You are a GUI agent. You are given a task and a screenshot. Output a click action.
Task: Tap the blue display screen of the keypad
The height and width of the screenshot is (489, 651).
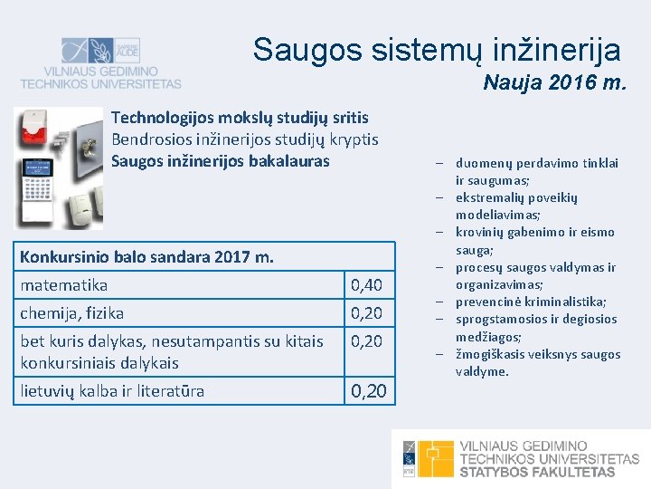point(36,168)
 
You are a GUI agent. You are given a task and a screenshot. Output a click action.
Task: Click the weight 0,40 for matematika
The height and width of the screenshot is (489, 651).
point(366,286)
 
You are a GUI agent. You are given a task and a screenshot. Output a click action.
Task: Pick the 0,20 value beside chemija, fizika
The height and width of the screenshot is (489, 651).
point(366,314)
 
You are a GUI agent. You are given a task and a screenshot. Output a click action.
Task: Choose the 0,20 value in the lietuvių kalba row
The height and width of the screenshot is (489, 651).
point(368,391)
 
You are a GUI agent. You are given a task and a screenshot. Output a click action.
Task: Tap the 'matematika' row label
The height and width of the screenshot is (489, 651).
point(63,285)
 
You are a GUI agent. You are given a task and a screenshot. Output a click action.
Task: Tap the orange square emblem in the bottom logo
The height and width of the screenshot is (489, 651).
point(436,458)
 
